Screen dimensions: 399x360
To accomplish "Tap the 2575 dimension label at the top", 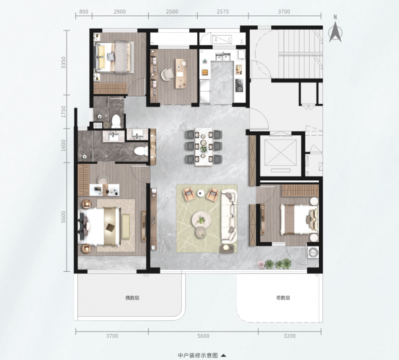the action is (223, 12).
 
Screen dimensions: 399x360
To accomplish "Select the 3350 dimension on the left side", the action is (63, 62).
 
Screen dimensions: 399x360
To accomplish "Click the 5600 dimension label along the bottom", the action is (203, 336).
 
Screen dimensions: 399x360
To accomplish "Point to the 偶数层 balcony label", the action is (132, 298).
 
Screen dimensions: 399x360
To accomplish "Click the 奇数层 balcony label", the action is (283, 298).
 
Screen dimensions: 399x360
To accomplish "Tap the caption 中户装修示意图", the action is (198, 355).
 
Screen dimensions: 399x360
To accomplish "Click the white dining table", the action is (204, 147).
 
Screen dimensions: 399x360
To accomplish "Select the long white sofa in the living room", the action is (229, 216).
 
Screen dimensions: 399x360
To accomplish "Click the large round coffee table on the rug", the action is (201, 220).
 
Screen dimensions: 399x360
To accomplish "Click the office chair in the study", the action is (167, 75).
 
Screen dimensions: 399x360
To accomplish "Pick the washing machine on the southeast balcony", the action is (313, 253).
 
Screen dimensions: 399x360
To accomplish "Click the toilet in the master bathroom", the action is (141, 151).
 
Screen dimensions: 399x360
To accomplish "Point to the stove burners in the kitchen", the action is (239, 85).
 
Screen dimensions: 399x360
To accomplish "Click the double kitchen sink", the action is (223, 56).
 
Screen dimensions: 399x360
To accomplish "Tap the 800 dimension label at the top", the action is (84, 12).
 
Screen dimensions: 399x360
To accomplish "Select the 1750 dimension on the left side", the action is (63, 112).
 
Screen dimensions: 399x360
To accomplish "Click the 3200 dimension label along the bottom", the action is (290, 336).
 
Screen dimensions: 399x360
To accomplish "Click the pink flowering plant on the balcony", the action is (261, 265).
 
